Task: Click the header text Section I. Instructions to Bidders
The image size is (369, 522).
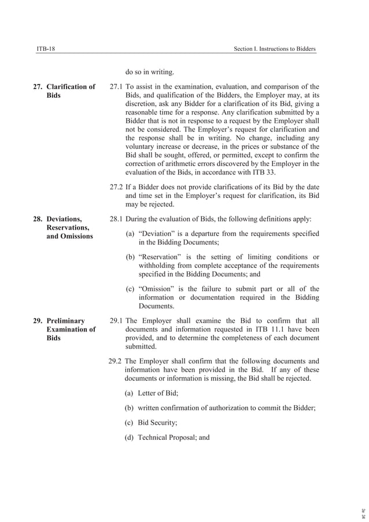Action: coord(275,49)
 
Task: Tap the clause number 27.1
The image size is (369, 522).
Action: coord(116,87)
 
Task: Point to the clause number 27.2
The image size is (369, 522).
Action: coord(116,188)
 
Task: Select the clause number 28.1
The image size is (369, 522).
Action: coord(116,219)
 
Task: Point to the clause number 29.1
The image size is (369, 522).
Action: coord(116,320)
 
